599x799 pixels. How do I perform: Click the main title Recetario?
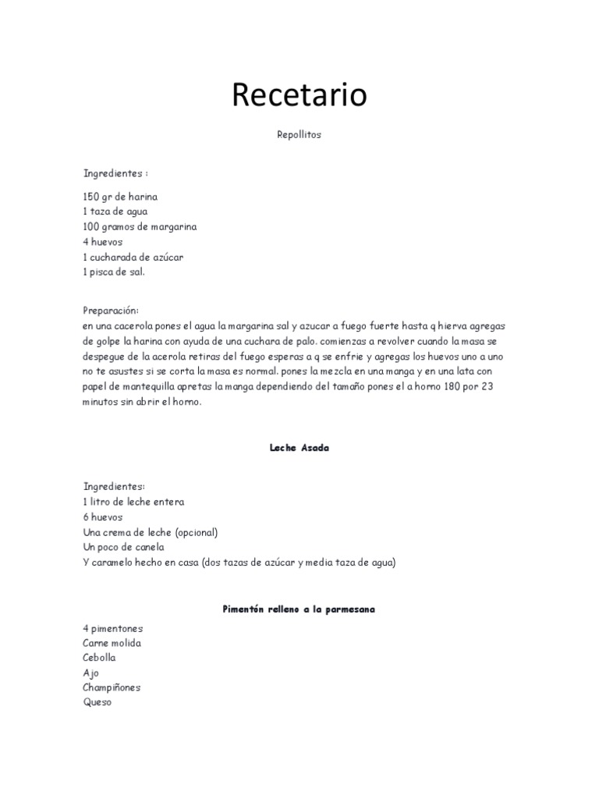click(x=299, y=95)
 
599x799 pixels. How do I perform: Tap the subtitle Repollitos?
click(x=299, y=135)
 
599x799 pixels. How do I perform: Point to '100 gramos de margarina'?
click(x=140, y=227)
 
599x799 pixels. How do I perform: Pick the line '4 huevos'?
click(x=103, y=242)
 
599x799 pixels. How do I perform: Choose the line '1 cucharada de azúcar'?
click(x=133, y=257)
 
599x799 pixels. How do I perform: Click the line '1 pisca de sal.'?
click(x=114, y=272)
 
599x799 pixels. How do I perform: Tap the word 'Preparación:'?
click(x=110, y=311)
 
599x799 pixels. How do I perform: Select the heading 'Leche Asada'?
click(x=299, y=448)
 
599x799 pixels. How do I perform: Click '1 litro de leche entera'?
click(x=133, y=502)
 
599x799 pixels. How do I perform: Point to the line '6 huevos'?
click(x=103, y=517)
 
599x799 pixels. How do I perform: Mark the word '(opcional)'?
click(x=192, y=532)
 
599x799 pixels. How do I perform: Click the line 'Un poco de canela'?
click(x=122, y=547)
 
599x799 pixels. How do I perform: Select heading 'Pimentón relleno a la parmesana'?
click(x=299, y=609)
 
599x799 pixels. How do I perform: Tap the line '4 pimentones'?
click(x=112, y=628)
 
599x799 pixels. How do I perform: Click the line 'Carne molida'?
click(x=112, y=643)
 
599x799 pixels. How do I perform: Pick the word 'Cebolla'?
click(x=99, y=658)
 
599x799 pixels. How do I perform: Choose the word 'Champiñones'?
click(x=112, y=687)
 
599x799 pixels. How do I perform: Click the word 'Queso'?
click(x=97, y=702)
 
